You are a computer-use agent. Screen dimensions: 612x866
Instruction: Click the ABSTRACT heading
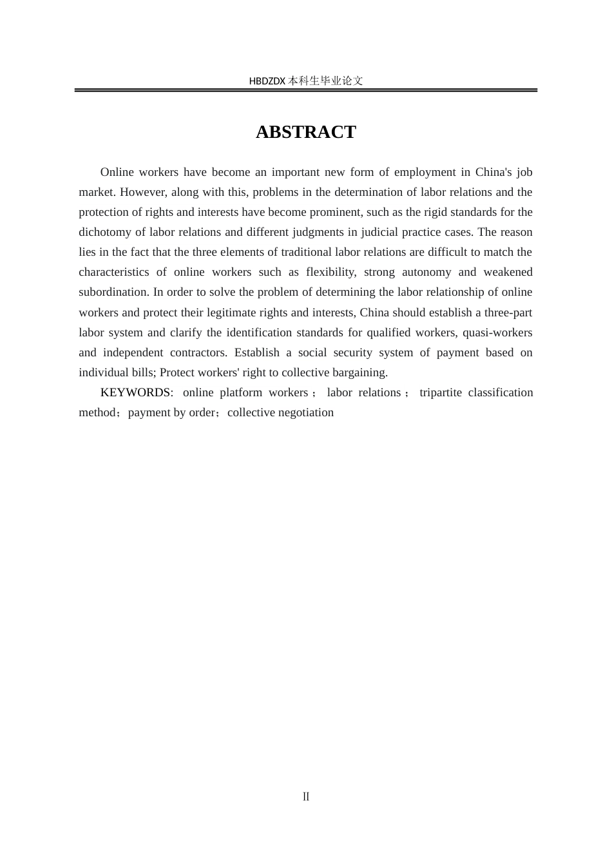(x=305, y=132)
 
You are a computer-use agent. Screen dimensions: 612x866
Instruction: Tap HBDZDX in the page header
(x=267, y=81)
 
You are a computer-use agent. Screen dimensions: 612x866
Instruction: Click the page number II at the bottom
(x=306, y=796)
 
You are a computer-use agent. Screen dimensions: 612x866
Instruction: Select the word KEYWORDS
(x=135, y=392)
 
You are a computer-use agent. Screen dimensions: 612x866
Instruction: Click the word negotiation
(x=306, y=412)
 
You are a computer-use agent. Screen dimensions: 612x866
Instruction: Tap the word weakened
(x=508, y=272)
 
